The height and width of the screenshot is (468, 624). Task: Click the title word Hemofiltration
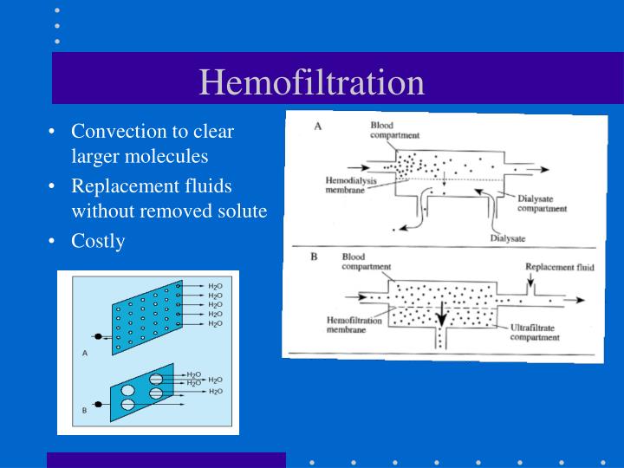(x=312, y=82)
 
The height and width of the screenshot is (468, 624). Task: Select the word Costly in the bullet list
(x=98, y=241)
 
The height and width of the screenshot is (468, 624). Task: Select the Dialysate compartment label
(x=542, y=204)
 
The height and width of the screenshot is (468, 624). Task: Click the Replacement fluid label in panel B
(x=561, y=268)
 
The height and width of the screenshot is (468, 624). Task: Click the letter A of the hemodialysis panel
(x=318, y=126)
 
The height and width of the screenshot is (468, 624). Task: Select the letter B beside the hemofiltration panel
(x=315, y=257)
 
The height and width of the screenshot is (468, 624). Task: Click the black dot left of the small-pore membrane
(x=98, y=335)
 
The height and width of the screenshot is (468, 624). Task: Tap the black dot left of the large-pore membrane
(x=98, y=404)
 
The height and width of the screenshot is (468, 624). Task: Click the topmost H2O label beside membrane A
(x=214, y=285)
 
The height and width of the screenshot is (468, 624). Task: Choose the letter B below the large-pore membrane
(x=84, y=410)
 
